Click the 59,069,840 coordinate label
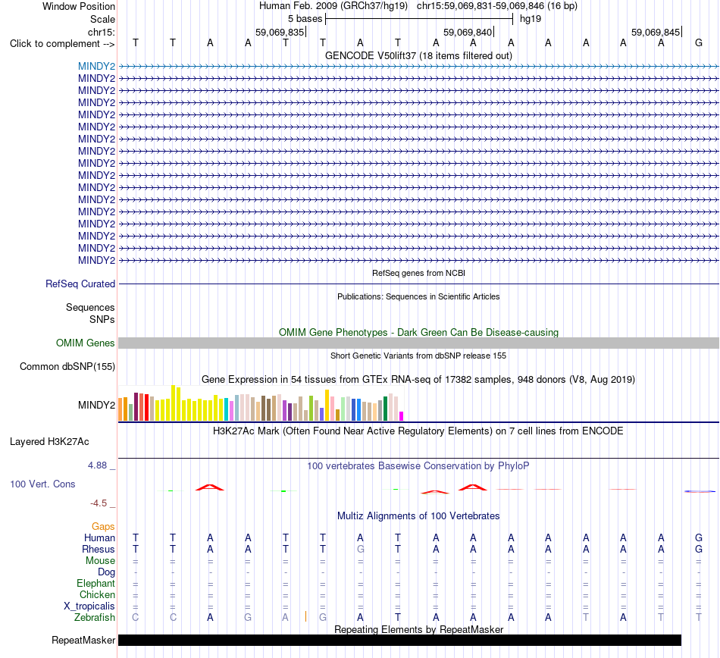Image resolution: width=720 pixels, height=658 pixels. point(467,32)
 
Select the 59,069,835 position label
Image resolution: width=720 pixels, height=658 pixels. point(279,32)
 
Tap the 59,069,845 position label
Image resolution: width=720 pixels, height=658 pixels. point(656,32)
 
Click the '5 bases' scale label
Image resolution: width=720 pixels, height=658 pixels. point(305,19)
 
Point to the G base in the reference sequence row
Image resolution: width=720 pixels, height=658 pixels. point(699,42)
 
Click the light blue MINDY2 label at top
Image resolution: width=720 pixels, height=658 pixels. point(96,66)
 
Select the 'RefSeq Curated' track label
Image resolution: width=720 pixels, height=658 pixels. point(80,284)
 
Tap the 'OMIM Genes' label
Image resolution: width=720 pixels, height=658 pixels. point(86,343)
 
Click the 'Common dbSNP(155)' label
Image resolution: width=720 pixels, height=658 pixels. point(67,366)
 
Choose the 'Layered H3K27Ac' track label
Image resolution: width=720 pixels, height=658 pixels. point(49,442)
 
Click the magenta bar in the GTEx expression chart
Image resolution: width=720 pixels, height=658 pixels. point(402,416)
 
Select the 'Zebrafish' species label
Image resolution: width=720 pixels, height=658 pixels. point(95,618)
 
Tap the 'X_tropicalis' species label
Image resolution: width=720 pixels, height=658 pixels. point(89,606)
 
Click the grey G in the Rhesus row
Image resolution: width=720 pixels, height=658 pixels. point(361,549)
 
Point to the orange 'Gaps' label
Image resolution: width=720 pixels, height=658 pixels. point(103,526)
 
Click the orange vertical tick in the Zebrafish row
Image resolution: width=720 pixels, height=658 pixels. point(306,616)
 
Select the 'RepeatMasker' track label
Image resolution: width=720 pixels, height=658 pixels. point(83,640)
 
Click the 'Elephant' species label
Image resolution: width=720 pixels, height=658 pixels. point(96,583)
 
